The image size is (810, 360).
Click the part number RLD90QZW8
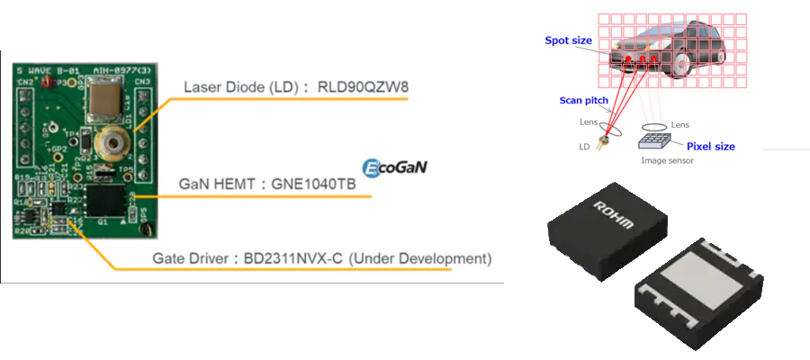click(359, 88)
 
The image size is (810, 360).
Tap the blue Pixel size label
click(712, 145)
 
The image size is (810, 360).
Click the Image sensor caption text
click(666, 160)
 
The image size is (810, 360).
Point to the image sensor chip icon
click(657, 137)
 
